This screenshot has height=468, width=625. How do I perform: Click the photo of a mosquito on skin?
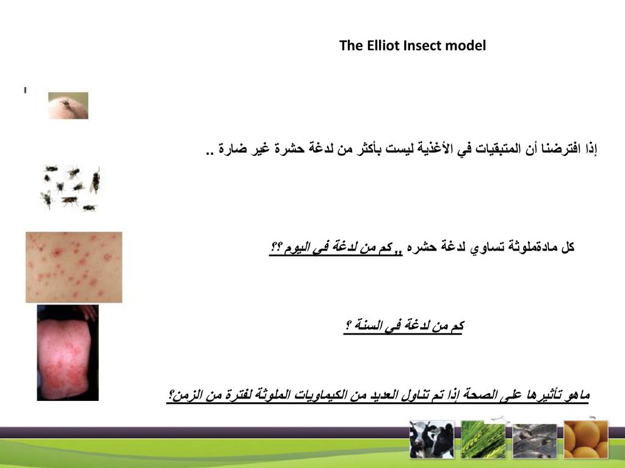click(x=68, y=105)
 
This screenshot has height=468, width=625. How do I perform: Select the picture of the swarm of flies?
click(x=71, y=188)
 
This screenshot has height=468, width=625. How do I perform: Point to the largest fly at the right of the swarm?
click(x=95, y=181)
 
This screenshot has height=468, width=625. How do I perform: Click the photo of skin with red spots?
click(x=74, y=268)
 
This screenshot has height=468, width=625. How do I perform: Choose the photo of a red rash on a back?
click(x=68, y=353)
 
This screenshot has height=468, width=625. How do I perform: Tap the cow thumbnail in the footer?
click(x=432, y=439)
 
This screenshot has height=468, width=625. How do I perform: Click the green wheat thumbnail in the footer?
click(x=483, y=439)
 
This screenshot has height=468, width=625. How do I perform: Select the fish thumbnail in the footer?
click(x=534, y=440)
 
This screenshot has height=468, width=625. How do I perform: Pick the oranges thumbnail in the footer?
click(x=585, y=439)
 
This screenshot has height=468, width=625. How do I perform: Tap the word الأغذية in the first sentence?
click(x=435, y=149)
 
